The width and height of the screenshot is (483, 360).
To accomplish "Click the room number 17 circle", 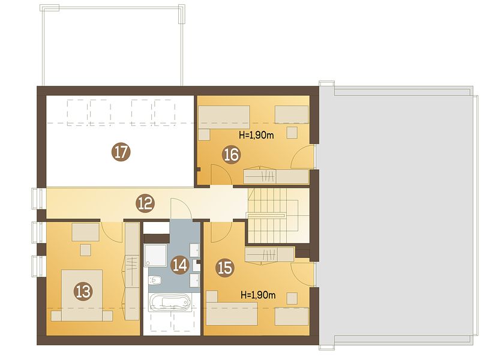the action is click(x=121, y=152).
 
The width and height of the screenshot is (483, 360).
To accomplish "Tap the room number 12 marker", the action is click(x=145, y=203).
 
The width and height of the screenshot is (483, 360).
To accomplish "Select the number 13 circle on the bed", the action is click(x=83, y=291).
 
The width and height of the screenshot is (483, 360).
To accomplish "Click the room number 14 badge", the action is click(x=180, y=265).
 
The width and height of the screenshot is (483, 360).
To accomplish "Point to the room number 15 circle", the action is click(x=225, y=268).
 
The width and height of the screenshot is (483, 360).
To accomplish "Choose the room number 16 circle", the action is click(x=232, y=155).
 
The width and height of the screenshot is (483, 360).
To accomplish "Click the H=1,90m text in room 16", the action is click(x=256, y=135).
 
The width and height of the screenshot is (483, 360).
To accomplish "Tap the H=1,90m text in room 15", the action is click(x=258, y=295).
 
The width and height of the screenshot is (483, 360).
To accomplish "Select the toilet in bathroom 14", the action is click(x=155, y=280).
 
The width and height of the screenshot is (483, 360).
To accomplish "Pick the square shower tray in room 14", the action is click(x=155, y=255).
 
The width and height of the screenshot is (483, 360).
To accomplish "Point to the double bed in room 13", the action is click(x=82, y=296).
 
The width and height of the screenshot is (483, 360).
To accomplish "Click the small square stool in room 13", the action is click(x=86, y=250).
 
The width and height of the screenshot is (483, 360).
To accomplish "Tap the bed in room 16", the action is click(x=224, y=117).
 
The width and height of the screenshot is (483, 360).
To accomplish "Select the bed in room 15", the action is click(x=232, y=313).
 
